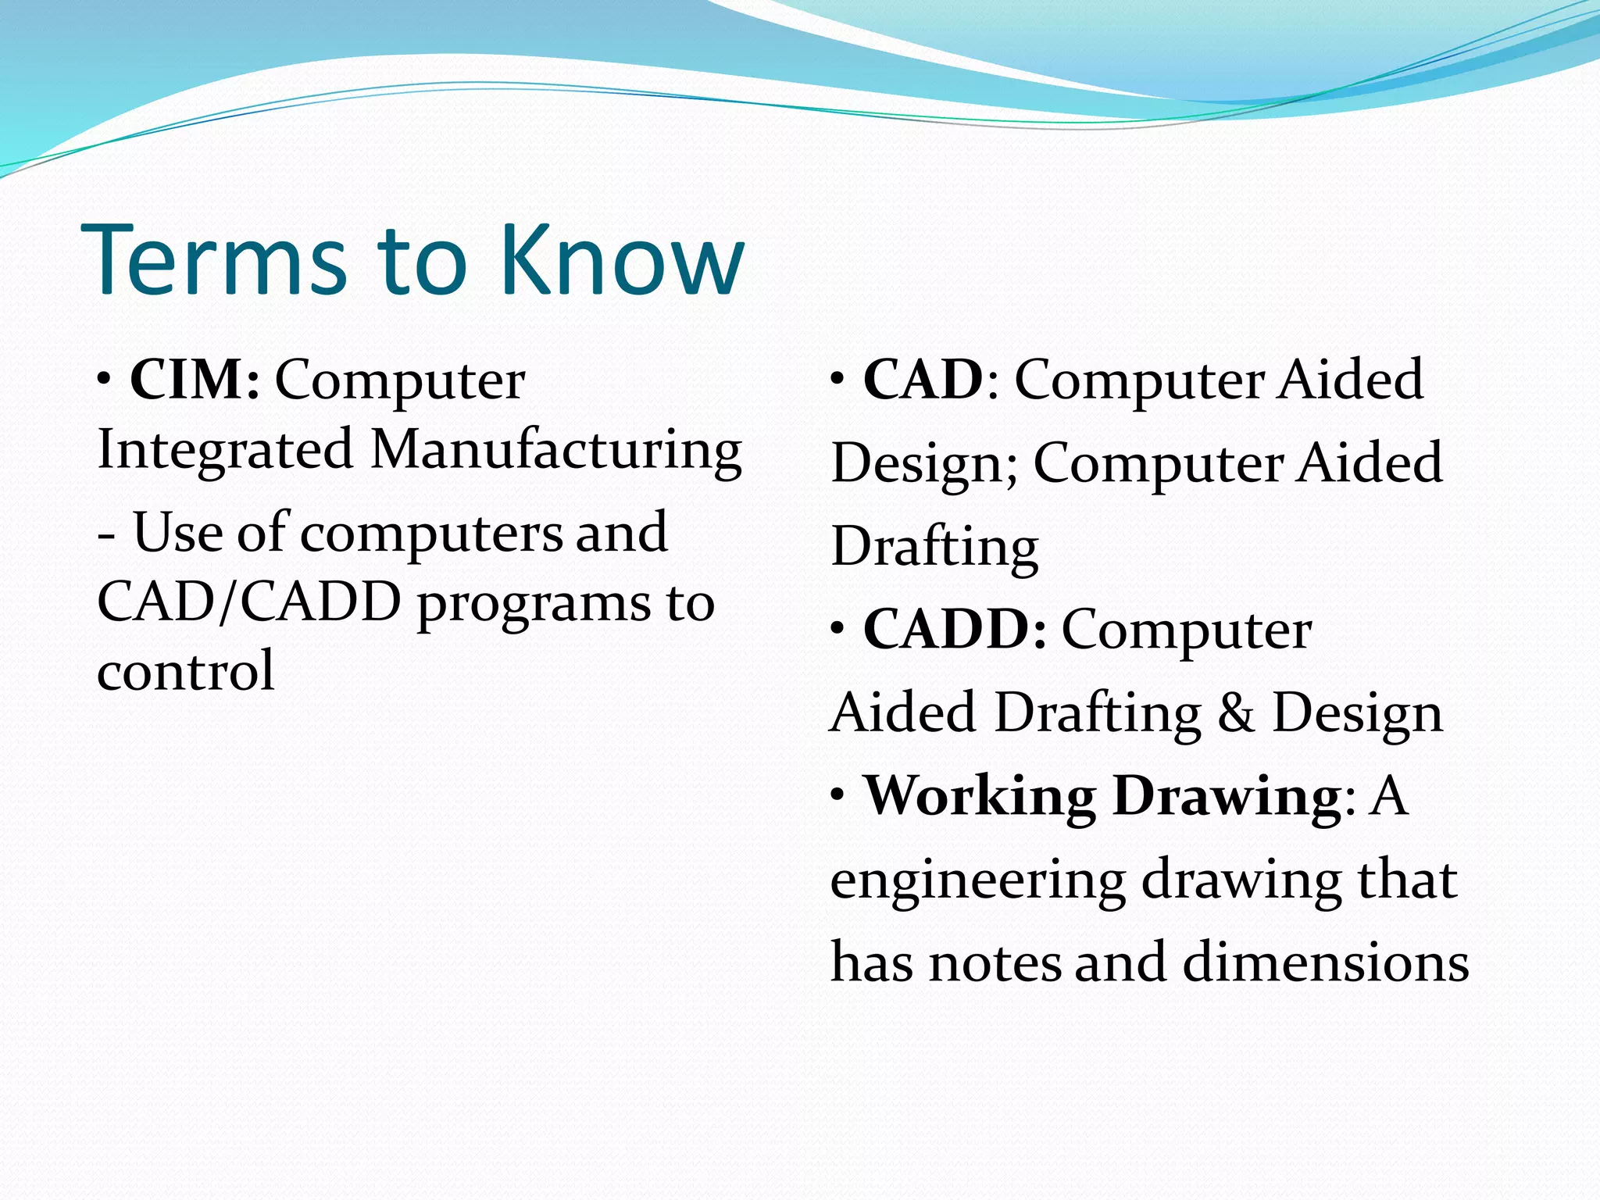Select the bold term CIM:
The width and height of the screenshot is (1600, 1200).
pyautogui.click(x=195, y=380)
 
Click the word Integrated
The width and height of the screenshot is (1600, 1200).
pyautogui.click(x=225, y=451)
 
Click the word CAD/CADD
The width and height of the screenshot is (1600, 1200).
pyautogui.click(x=248, y=602)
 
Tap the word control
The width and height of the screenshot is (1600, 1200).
pyautogui.click(x=186, y=672)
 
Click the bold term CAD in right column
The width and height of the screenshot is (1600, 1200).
pyautogui.click(x=923, y=380)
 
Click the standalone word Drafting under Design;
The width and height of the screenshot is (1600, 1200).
pyautogui.click(x=934, y=548)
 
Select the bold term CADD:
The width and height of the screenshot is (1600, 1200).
pyautogui.click(x=955, y=630)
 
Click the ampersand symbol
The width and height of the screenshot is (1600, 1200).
pyautogui.click(x=1236, y=713)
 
